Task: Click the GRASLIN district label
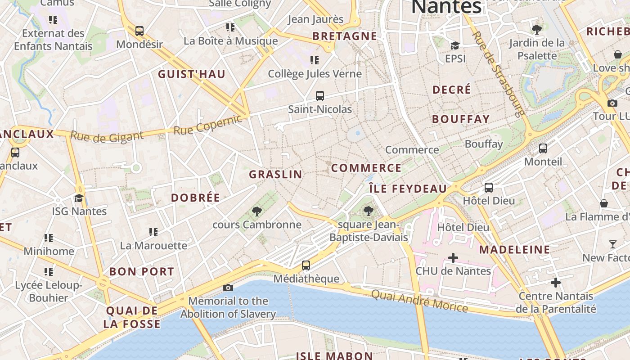coord(275,175)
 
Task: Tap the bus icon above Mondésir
coord(139,31)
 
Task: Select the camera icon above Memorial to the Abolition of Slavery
coord(228,288)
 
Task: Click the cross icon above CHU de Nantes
coord(453,258)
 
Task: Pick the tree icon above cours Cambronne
coord(257,211)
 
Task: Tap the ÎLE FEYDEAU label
coord(408,189)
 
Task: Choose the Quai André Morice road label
coord(419,301)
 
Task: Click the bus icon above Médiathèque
coord(306,265)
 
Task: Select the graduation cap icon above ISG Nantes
coord(79,198)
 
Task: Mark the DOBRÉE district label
coord(196,198)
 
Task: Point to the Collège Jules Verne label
coord(315,74)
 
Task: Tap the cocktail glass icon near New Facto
coord(612,244)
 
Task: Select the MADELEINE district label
coord(514,250)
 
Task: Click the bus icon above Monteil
coord(543,148)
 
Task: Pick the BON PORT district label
coord(142,272)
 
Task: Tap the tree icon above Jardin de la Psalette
coord(536,30)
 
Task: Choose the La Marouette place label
coord(153,246)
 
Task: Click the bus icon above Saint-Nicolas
coord(320,96)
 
